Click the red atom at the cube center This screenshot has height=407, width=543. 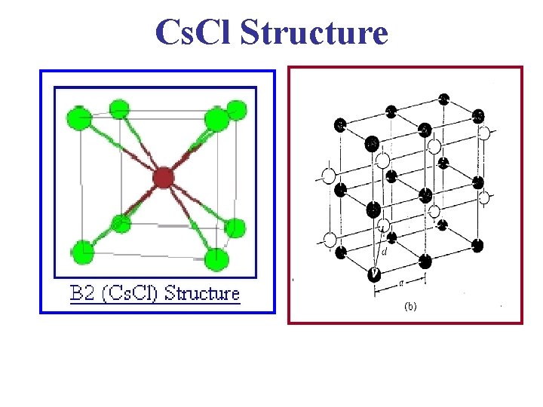coord(163,178)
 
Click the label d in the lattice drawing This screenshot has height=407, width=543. coord(385,252)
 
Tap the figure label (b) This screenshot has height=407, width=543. coord(410,307)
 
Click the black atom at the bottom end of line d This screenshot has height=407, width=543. coord(373,274)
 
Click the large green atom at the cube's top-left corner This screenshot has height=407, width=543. coord(80,118)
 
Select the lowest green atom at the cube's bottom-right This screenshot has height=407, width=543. coord(216,259)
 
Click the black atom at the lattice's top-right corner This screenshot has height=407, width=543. coord(478,117)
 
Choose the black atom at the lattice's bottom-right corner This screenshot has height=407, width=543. coord(477,245)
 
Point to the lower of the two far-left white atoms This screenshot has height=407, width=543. coord(329,239)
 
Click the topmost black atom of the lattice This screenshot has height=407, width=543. coord(444,99)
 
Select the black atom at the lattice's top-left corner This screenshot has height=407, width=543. coord(341,124)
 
